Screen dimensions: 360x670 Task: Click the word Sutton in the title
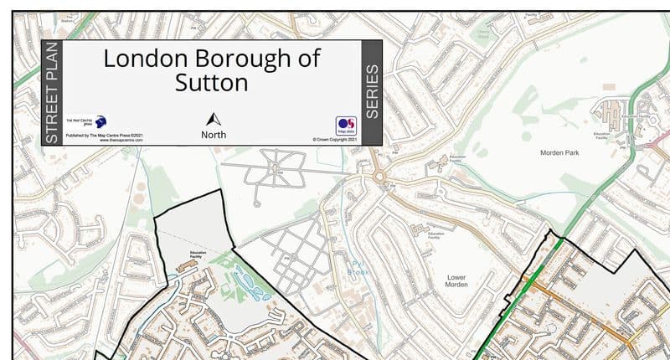coord(212,83)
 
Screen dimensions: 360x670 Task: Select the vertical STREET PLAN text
coord(52,93)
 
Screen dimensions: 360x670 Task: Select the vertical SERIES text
coord(373,93)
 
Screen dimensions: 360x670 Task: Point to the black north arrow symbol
coord(213,120)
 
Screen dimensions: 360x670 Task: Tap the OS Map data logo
coord(346,125)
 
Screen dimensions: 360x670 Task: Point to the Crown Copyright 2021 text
coord(334,140)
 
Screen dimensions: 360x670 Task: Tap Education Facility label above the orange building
coord(198,251)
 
